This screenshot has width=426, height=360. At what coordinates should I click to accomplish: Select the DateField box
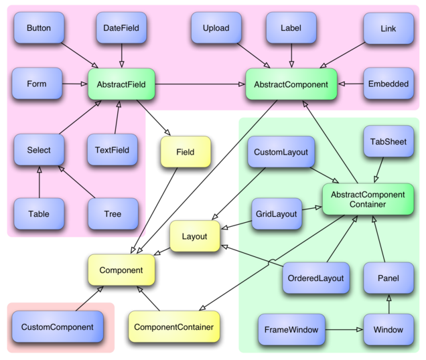121,28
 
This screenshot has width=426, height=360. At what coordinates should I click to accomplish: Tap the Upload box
216,28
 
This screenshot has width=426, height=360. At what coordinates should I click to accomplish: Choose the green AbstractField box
121,84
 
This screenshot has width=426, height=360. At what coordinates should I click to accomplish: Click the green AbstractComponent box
291,84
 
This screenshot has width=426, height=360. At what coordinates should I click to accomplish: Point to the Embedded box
388,84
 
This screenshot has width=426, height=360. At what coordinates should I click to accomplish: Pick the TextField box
112,150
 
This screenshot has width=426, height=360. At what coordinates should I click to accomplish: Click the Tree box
113,214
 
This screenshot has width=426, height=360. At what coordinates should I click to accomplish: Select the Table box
38,214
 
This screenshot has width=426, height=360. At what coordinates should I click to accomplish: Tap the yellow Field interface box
186,152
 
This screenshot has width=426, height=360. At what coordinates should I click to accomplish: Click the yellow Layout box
194,236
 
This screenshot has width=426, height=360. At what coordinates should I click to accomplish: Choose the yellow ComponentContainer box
173,327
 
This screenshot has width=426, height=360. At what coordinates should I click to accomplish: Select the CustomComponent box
57,327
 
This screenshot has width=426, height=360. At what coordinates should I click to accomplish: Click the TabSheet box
388,142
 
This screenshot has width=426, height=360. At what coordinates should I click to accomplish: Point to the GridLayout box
276,215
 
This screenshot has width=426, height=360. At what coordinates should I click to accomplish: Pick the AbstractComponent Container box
368,199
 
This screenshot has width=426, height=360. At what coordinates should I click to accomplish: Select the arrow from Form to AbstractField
74,84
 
